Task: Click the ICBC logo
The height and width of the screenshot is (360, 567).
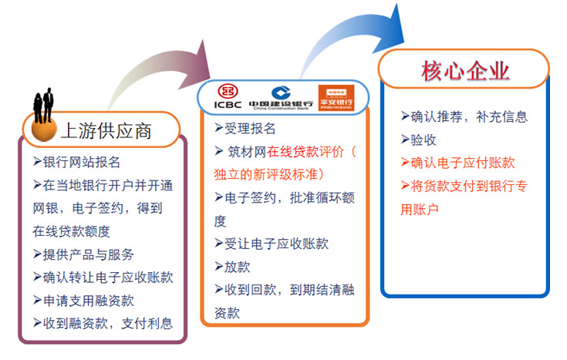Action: tap(228, 96)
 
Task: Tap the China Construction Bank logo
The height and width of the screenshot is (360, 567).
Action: tap(281, 98)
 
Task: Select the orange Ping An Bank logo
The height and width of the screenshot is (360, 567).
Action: tap(336, 98)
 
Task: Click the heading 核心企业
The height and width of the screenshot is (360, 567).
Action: tap(465, 71)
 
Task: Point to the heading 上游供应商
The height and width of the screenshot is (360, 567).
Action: tap(106, 130)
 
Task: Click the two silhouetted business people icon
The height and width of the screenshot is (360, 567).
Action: tap(43, 106)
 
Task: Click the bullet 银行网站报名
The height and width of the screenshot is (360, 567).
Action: tap(76, 162)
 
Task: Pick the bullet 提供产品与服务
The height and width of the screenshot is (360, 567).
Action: tap(83, 254)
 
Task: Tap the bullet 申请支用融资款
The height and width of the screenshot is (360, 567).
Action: tap(83, 301)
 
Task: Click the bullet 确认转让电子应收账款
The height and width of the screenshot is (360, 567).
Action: tap(103, 278)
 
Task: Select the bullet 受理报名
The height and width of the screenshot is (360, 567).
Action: tap(245, 128)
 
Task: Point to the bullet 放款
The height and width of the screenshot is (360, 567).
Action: tap(232, 267)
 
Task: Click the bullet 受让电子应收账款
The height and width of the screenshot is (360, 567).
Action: tap(272, 244)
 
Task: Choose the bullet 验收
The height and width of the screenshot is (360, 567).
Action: tap(418, 140)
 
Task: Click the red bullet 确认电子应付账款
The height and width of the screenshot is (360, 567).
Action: tap(457, 163)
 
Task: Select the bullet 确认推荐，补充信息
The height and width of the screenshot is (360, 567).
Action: tap(464, 116)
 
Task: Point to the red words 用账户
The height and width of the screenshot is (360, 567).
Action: tap(420, 209)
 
